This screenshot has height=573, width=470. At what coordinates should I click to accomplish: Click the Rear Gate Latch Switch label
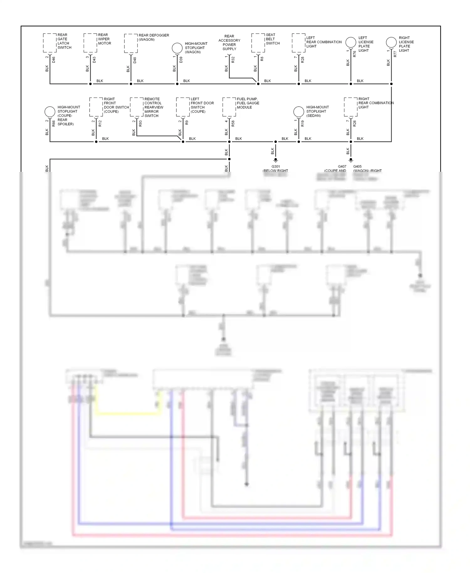(64, 41)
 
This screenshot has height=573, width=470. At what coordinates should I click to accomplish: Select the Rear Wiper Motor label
(104, 39)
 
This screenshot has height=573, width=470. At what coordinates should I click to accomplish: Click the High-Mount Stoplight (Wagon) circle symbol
(177, 48)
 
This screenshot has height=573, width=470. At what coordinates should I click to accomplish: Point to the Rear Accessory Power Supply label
(229, 43)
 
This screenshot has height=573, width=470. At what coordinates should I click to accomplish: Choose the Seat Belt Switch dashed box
(258, 43)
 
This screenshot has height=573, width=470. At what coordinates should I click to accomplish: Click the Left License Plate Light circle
(351, 42)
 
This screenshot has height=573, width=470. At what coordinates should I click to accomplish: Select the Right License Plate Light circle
(391, 42)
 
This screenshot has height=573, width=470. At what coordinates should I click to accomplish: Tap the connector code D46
(54, 60)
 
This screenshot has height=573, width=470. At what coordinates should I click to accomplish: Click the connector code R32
(233, 60)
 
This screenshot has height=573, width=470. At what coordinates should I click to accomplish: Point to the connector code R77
(395, 54)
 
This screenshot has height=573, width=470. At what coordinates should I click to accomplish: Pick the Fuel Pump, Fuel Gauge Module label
(248, 103)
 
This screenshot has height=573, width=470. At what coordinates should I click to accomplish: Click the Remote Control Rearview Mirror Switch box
(137, 107)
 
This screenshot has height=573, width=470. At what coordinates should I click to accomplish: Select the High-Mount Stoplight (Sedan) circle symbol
(299, 112)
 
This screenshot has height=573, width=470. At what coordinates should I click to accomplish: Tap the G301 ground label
(275, 167)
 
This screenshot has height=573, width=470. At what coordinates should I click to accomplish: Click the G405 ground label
(357, 167)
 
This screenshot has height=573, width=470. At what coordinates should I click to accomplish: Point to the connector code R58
(233, 124)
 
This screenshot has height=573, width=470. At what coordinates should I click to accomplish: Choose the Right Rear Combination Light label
(376, 103)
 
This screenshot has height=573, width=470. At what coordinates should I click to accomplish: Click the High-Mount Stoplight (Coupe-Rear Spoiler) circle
(50, 112)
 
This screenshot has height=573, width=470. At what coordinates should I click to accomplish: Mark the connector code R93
(140, 124)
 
